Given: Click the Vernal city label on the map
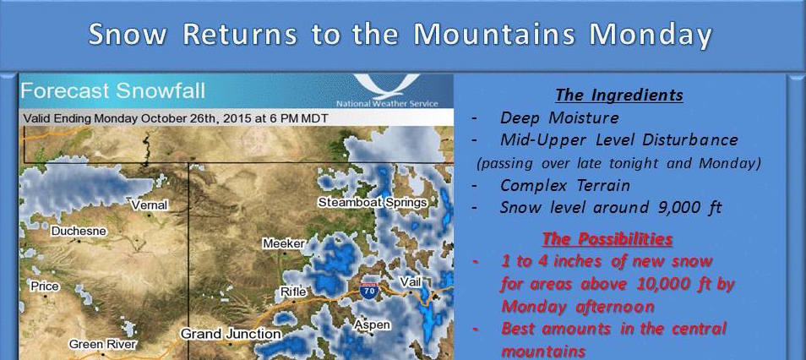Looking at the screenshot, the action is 150,205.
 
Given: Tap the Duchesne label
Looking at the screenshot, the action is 79,232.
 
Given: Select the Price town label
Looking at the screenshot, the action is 45,286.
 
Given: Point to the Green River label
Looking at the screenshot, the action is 103,344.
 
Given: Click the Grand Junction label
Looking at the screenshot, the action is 231,334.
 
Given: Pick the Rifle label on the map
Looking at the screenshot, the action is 293,292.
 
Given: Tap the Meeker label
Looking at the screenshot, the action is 284,243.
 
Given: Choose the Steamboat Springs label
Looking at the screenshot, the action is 373,203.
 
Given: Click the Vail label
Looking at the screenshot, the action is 411,281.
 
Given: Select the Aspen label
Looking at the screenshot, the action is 372,325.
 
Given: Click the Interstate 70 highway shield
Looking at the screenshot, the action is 368,290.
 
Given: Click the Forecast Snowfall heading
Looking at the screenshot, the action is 113,91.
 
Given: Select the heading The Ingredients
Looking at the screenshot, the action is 619,95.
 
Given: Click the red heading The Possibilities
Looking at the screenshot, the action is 607,239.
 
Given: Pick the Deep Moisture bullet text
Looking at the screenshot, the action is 559,117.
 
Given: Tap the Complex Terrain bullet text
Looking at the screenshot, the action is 565,185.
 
